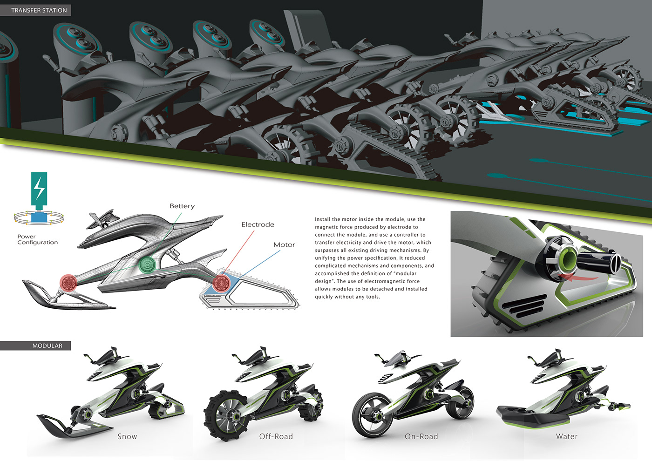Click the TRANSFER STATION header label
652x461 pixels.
[x=39, y=10]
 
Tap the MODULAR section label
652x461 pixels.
[x=47, y=346]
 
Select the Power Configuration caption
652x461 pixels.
[x=37, y=239]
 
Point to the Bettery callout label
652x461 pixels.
[x=182, y=206]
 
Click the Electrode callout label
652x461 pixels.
[x=258, y=224]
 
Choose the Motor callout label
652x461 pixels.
[x=284, y=244]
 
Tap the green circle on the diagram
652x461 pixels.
[x=147, y=265]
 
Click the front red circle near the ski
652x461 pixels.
[x=68, y=282]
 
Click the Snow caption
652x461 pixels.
[x=127, y=436]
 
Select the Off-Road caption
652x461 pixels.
[x=276, y=436]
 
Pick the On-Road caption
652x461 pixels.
[x=421, y=436]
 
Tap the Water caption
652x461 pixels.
[x=567, y=436]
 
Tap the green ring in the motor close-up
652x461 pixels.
[x=567, y=258]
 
